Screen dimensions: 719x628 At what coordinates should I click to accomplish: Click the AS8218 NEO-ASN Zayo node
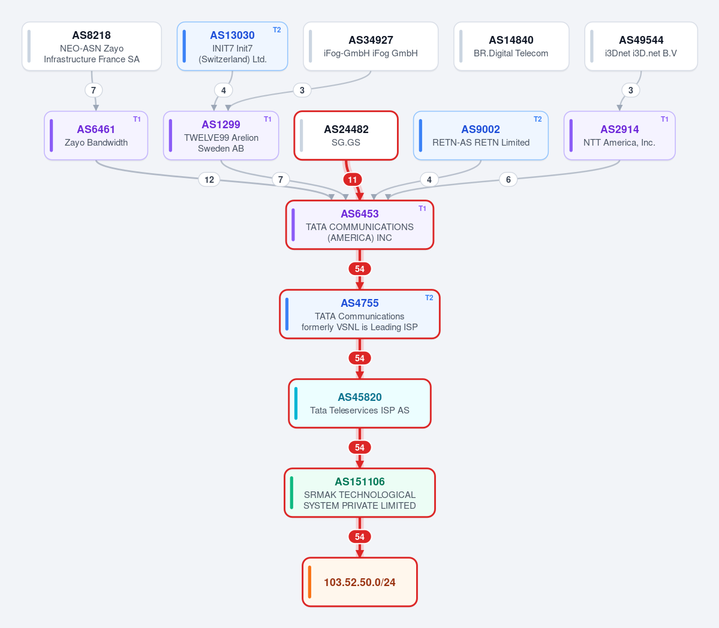92,46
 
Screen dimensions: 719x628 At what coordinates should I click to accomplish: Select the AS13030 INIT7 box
233,46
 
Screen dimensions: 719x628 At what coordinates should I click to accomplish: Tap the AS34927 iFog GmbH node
371,46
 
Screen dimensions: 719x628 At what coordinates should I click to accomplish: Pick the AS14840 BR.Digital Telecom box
512,46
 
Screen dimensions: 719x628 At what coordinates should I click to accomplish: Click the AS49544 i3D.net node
641,46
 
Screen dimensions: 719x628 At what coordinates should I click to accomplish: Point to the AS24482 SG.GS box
346,135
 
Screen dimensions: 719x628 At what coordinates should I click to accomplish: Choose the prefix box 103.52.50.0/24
360,582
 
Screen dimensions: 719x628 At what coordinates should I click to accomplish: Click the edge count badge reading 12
209,180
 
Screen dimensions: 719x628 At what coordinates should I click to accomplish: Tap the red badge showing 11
352,180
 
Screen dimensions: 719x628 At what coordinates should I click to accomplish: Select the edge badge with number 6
508,180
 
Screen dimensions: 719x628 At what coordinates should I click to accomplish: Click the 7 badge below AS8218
94,90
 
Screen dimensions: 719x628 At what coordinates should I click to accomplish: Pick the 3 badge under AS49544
630,90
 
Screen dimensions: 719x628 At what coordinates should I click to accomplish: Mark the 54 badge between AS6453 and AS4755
360,269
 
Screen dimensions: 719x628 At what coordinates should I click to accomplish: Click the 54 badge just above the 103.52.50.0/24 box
360,537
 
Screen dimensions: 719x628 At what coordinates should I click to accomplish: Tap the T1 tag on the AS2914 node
664,119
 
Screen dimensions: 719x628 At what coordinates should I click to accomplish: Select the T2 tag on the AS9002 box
537,119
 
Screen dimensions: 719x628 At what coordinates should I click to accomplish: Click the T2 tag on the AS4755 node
429,298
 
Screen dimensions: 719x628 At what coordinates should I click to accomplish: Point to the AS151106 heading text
360,481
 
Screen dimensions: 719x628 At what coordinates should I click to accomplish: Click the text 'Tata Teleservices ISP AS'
360,410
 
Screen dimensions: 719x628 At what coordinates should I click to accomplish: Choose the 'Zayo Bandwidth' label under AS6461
96,143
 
